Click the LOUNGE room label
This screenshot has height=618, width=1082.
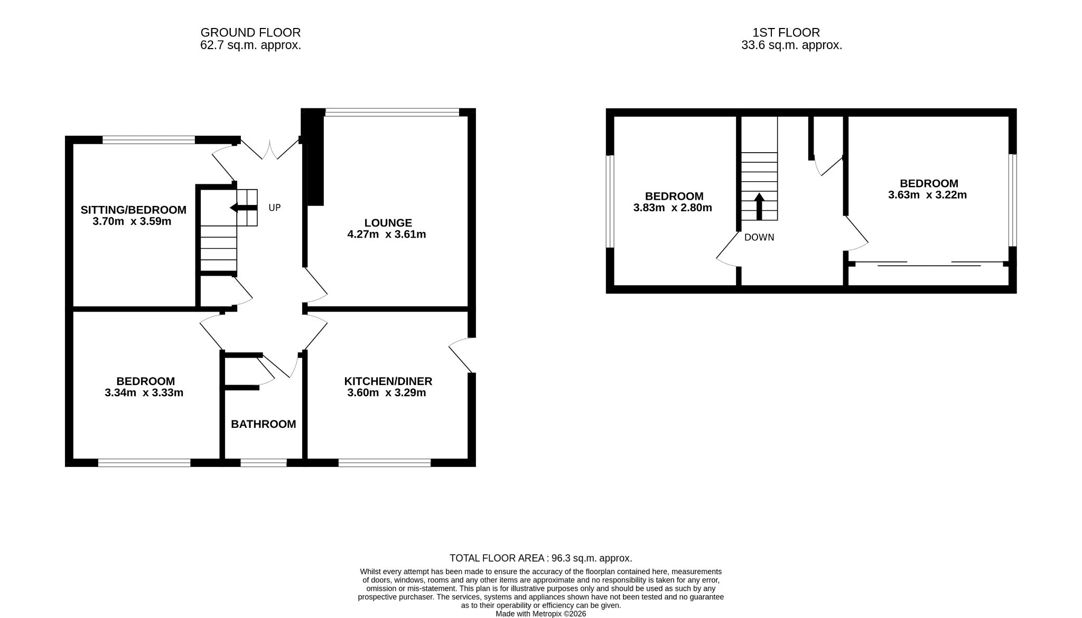pos(388,223)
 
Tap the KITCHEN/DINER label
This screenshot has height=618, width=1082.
pos(388,381)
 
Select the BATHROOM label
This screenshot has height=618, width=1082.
pos(264,424)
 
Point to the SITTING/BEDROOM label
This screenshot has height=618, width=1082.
pos(133,210)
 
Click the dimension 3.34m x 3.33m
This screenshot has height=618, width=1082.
pos(144,393)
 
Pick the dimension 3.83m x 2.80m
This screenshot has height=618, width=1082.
pos(673,208)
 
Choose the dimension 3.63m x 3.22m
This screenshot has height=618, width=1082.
pos(928,195)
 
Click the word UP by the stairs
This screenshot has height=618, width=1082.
pos(275,208)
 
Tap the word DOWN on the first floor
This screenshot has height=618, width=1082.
pos(759,238)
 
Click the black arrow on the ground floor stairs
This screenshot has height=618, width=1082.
pos(243,208)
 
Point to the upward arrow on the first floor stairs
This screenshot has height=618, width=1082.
pos(759,207)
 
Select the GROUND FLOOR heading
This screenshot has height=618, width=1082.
pos(250,33)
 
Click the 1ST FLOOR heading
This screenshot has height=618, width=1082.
pos(786,33)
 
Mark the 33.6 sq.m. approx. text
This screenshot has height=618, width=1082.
pos(791,45)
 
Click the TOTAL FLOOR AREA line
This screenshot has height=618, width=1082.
pos(540,558)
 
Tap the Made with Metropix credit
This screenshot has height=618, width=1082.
pos(540,614)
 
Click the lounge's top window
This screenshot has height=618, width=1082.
pos(393,112)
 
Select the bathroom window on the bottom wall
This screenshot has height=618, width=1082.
pos(264,463)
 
